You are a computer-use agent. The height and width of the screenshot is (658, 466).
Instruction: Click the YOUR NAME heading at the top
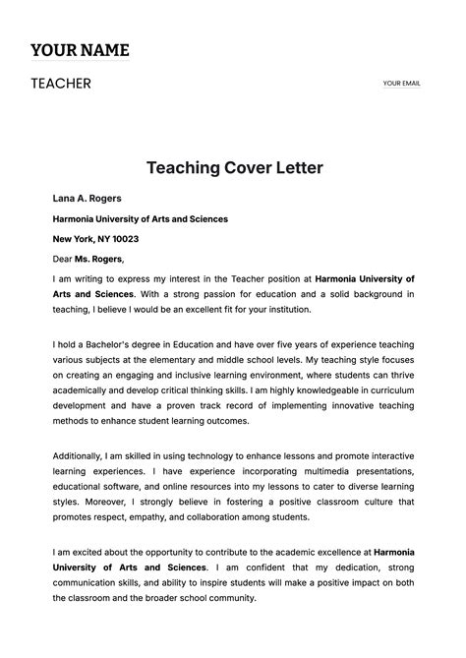(80, 50)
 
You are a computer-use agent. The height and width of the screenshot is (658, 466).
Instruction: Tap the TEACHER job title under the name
(61, 84)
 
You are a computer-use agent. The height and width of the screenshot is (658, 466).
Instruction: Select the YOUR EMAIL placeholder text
(401, 84)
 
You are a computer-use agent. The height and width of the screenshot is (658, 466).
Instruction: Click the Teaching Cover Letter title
(235, 168)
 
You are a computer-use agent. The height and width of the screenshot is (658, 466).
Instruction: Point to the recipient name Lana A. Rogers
(87, 199)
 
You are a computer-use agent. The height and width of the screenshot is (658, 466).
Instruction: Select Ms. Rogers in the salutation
(99, 260)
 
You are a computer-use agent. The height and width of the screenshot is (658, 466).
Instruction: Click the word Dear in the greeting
(63, 260)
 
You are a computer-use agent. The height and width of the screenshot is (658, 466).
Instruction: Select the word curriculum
(387, 389)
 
